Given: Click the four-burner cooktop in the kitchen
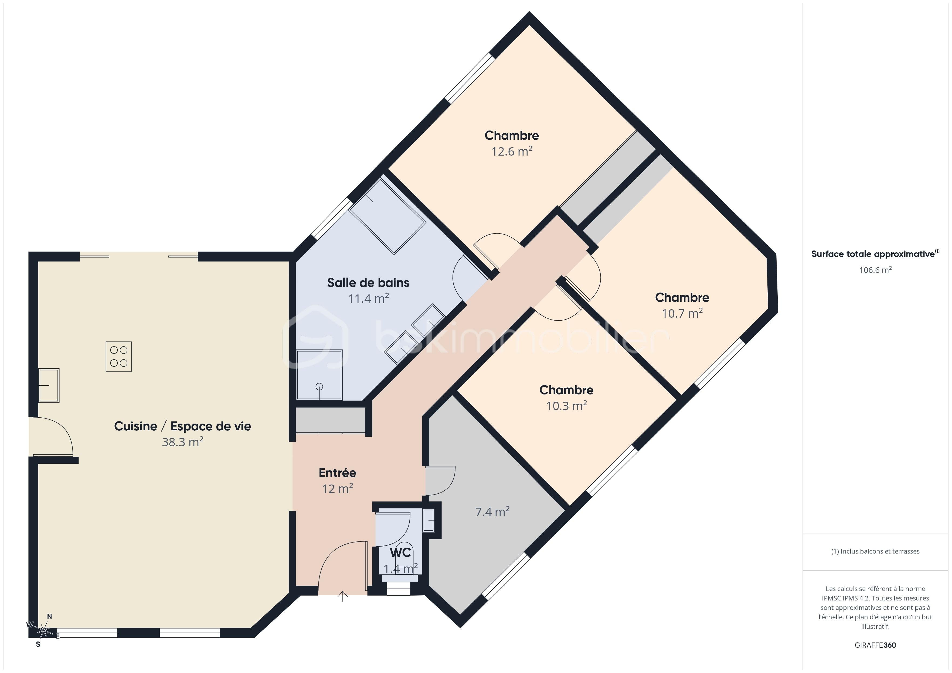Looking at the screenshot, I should pos(118,356).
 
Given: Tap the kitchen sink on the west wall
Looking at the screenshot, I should pos(49,385).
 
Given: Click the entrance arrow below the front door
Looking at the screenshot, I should pos(342,596).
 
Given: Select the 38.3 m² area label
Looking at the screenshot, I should pos(182,442).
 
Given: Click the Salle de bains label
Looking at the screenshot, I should pos(368,283).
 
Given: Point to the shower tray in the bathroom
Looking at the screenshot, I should pos(319,375).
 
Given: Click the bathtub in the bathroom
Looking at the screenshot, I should pos(387,216).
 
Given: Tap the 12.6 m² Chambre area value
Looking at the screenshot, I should pos(512,151).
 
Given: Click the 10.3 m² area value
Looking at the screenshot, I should pos(566,406).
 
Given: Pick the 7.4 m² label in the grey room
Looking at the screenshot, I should pos(492,512).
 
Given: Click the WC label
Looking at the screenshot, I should pos(400,552).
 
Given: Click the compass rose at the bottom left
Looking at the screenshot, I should pos(43,631).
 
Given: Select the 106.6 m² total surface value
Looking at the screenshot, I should pos(875,270).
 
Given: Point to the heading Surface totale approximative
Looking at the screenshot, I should pos(873,254).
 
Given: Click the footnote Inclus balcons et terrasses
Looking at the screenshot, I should pos(875,551).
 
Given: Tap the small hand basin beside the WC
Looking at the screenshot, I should pos(428,520).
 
